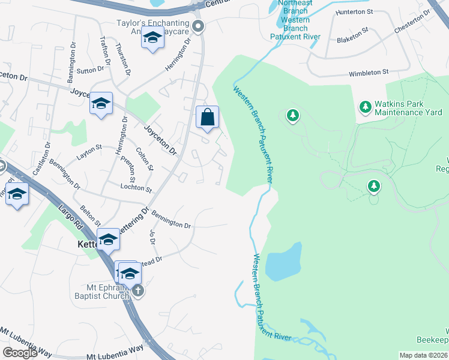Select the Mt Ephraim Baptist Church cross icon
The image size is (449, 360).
click(x=138, y=291)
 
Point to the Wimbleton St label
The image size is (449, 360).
click(x=369, y=73)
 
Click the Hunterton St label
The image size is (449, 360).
click(x=355, y=11)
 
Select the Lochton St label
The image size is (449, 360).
click(x=136, y=187)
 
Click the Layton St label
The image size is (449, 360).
click(x=89, y=157)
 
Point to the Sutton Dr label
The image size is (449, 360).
click(x=91, y=70)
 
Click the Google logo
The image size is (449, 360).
click(x=20, y=353)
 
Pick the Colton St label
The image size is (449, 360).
click(x=145, y=159)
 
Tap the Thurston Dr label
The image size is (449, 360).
click(x=123, y=59)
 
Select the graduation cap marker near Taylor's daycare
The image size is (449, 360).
click(x=152, y=39)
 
